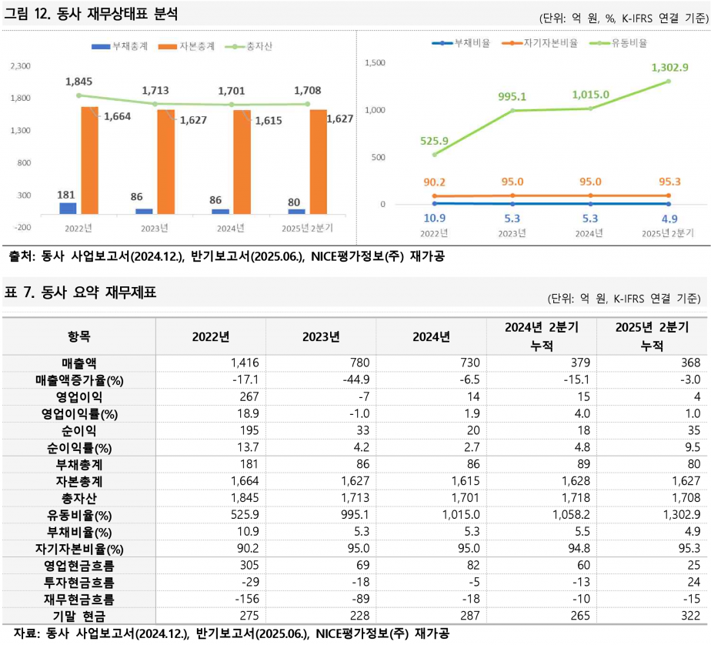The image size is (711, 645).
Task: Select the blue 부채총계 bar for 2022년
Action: click(x=68, y=208)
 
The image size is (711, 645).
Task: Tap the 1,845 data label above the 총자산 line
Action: click(x=78, y=82)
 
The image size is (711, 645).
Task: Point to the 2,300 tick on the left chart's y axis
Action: click(x=20, y=67)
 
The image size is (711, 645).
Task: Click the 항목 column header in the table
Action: click(x=78, y=336)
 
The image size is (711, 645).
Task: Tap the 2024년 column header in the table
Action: click(x=431, y=336)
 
